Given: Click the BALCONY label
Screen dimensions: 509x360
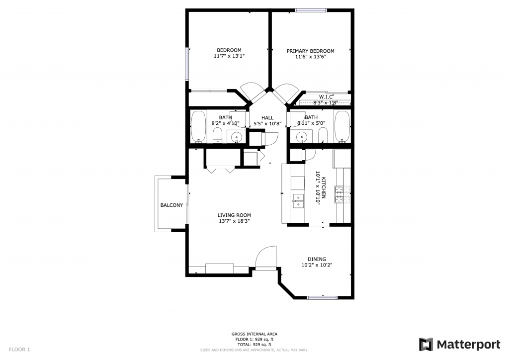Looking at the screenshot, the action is pyautogui.click(x=171, y=205).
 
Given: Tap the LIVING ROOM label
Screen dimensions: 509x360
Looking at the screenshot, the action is pyautogui.click(x=234, y=215).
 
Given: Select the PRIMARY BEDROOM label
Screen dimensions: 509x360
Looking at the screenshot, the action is pyautogui.click(x=310, y=51).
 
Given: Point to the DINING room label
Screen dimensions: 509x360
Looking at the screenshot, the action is pyautogui.click(x=317, y=259).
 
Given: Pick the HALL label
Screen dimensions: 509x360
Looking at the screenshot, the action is pyautogui.click(x=267, y=118).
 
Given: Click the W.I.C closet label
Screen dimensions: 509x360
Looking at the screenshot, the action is pyautogui.click(x=326, y=97).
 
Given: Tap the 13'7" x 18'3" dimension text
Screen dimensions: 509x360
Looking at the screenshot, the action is pyautogui.click(x=234, y=221).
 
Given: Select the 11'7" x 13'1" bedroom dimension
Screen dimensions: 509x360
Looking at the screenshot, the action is pyautogui.click(x=229, y=56).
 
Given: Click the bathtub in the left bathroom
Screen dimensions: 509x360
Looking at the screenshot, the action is pyautogui.click(x=198, y=127).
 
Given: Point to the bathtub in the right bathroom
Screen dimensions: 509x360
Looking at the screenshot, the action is pyautogui.click(x=342, y=127).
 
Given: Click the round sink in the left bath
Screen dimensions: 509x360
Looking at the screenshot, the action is pyautogui.click(x=237, y=137).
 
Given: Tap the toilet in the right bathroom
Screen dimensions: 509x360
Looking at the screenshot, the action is pyautogui.click(x=323, y=135).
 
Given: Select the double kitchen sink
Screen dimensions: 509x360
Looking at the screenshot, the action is pyautogui.click(x=298, y=201).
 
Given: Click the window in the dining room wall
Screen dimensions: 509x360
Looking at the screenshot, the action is pyautogui.click(x=322, y=298).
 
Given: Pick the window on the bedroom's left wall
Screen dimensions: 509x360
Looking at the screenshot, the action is pyautogui.click(x=187, y=64).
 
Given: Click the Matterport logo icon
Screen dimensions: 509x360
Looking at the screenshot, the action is pyautogui.click(x=426, y=345).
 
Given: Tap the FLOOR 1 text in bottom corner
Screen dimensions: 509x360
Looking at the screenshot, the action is pyautogui.click(x=19, y=350).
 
